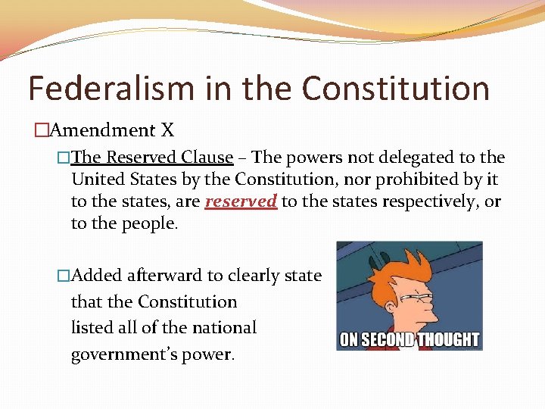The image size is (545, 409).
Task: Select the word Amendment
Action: pos(102,130)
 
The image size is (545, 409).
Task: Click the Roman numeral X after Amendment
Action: pos(167,130)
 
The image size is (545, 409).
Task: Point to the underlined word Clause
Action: pos(207,158)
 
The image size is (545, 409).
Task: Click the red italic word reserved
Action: pos(241,202)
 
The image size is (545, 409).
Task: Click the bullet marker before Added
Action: pos(63,276)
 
